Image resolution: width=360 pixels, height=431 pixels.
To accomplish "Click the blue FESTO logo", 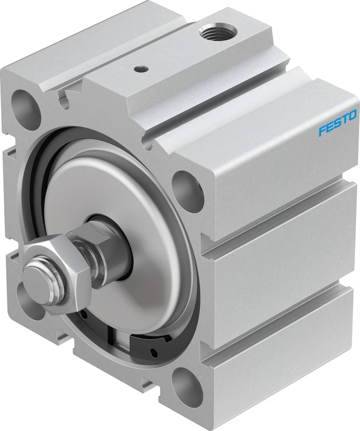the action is click(x=337, y=122).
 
